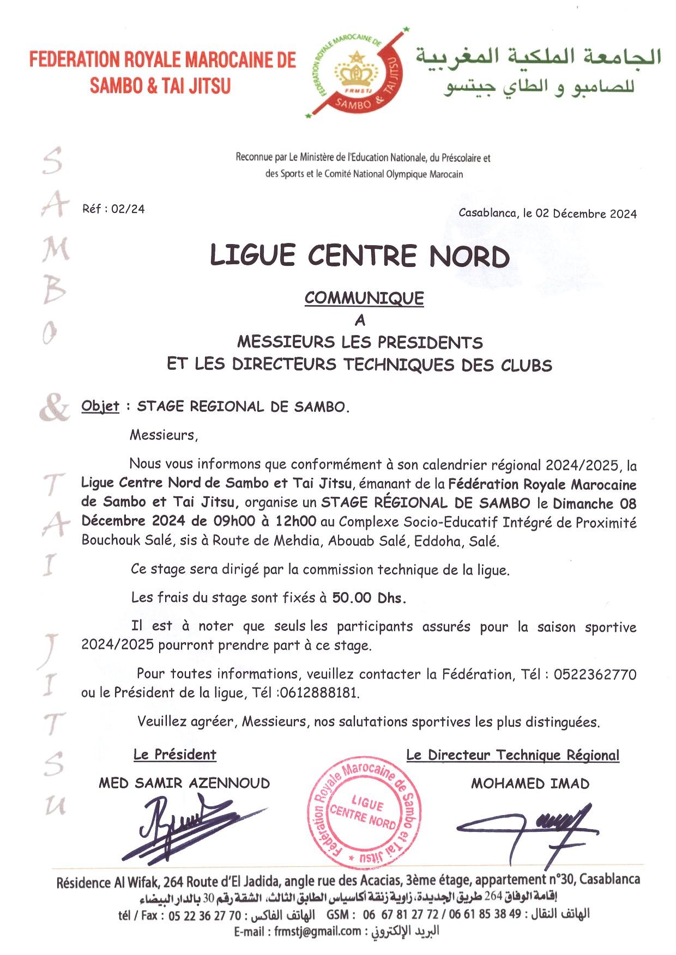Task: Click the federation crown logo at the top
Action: tap(357, 74)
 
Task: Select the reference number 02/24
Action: tap(128, 209)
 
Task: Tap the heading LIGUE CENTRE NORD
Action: tap(360, 256)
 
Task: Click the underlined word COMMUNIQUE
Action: tap(364, 299)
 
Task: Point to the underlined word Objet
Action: tap(100, 406)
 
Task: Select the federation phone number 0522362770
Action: tap(595, 674)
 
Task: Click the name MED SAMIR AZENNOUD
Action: tap(184, 783)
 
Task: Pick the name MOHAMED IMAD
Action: tap(530, 784)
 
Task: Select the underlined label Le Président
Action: tap(175, 755)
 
